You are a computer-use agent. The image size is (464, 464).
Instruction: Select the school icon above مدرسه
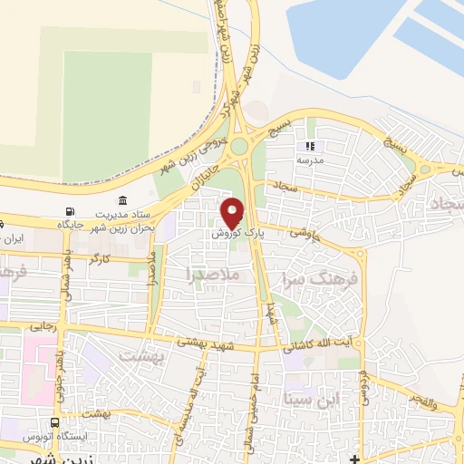coord(310,145)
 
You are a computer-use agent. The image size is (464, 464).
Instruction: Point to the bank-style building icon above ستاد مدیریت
coord(123,200)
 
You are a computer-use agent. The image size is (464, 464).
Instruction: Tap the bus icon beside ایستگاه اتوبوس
coord(57,422)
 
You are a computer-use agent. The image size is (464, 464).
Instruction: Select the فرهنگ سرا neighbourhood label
coord(321,278)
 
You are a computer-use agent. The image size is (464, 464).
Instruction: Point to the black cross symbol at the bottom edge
coord(354,457)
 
